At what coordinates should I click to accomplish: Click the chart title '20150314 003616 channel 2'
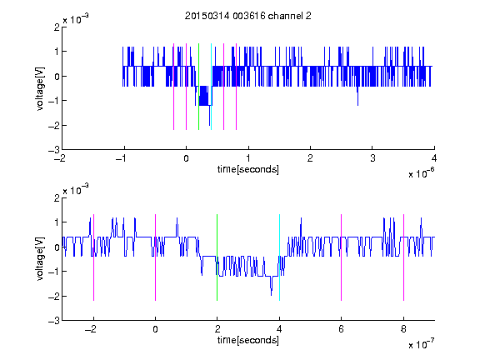click(248, 16)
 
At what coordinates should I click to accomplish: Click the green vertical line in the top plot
click(198, 87)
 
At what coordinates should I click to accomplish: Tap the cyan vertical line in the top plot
click(211, 87)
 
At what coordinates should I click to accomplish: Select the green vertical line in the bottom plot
click(217, 257)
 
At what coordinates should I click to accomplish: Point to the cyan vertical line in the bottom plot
click(279, 257)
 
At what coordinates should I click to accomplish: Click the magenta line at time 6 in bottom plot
click(342, 257)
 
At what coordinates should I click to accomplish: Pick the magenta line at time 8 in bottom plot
click(404, 257)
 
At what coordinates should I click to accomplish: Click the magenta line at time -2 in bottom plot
click(93, 257)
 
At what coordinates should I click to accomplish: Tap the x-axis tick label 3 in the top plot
click(372, 158)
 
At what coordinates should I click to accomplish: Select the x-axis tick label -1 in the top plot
click(122, 158)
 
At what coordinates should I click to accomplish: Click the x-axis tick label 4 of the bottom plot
click(279, 329)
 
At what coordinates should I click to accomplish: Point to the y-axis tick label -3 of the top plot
click(54, 150)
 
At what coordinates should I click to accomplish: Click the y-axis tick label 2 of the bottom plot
click(57, 198)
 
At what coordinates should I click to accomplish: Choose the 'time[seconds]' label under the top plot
click(248, 169)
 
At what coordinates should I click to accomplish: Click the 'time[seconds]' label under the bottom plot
click(248, 340)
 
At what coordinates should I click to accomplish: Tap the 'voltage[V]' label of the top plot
click(40, 88)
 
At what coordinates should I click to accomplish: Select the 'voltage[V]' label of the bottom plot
click(40, 259)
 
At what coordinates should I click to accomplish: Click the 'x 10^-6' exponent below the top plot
click(422, 173)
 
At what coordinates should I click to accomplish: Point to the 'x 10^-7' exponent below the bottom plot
click(422, 344)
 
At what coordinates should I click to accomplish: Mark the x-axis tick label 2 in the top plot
click(310, 158)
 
